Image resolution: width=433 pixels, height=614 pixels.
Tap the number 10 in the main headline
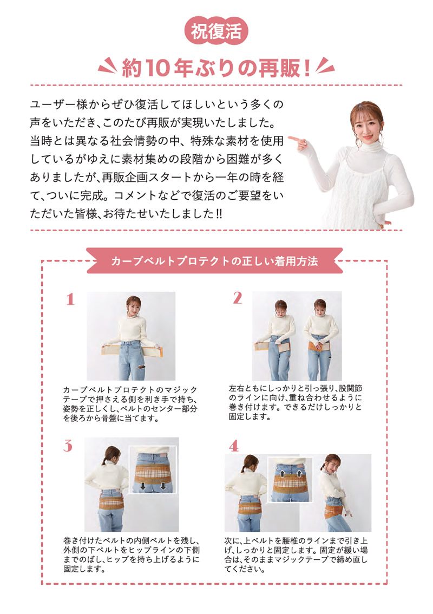tap(158, 68)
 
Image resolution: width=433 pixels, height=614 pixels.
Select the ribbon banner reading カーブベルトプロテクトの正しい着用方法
tap(214, 260)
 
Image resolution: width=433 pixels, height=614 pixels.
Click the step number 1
tap(69, 299)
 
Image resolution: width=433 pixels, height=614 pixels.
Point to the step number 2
tap(238, 298)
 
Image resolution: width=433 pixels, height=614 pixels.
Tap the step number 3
tap(68, 446)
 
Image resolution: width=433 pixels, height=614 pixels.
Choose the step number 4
tap(234, 446)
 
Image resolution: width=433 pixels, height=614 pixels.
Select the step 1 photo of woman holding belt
tap(131, 336)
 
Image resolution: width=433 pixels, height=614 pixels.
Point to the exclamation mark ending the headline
tap(307, 68)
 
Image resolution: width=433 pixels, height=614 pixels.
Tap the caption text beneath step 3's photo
tap(132, 555)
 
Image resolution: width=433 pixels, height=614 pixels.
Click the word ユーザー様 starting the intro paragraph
tap(60, 103)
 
